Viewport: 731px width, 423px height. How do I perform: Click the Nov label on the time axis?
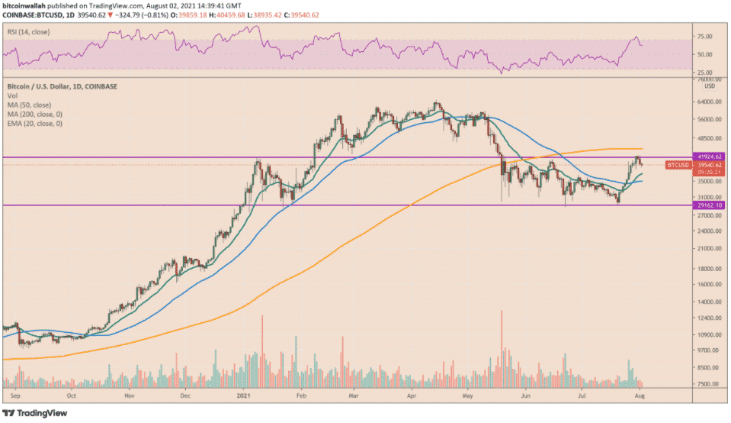tap(130, 397)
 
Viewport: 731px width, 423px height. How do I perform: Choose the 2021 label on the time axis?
tap(245, 397)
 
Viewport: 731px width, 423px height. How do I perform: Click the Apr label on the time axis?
tap(412, 397)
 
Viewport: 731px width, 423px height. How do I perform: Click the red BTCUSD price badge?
tap(678, 164)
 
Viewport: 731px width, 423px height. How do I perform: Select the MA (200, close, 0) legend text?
tap(37, 115)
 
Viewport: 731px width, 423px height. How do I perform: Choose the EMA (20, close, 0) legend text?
tap(36, 123)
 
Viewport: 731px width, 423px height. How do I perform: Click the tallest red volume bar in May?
tap(502, 347)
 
